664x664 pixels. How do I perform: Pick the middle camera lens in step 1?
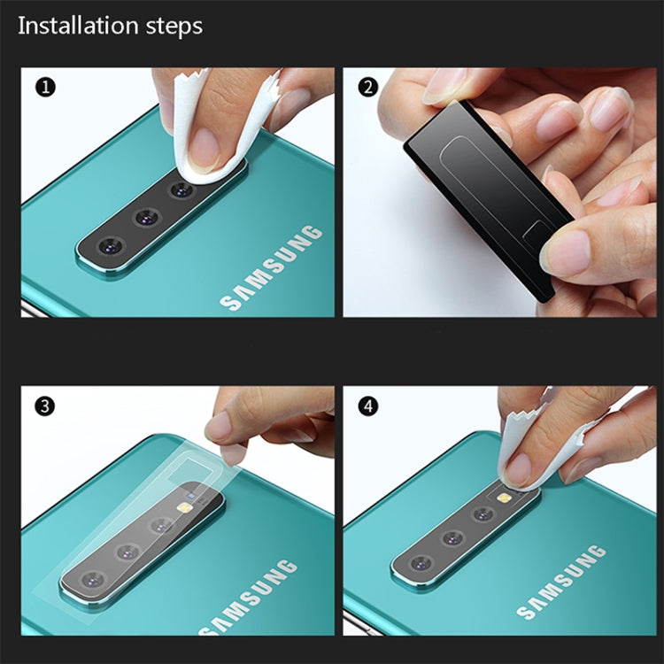tap(147, 217)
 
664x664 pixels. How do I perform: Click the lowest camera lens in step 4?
tap(421, 563)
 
